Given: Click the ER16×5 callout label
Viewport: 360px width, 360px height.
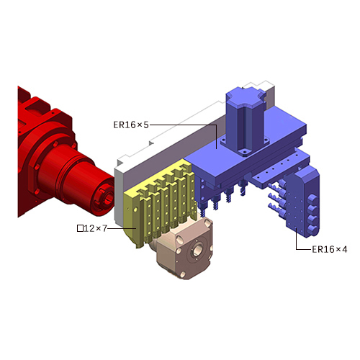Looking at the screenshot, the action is (x=131, y=125).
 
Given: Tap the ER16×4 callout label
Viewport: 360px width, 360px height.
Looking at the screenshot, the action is (x=330, y=250).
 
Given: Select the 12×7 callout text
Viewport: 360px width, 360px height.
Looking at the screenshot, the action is (x=95, y=228).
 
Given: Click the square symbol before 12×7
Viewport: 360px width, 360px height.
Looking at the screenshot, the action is (x=80, y=228).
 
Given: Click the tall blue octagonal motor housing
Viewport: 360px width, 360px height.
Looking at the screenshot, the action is (x=245, y=120).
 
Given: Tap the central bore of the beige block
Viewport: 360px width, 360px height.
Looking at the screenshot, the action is (x=197, y=250).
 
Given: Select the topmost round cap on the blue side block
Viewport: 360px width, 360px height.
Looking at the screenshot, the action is (x=312, y=199).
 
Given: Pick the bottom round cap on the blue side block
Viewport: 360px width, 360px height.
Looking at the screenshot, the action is (x=312, y=230).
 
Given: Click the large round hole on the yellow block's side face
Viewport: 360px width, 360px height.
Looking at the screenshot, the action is (x=135, y=210).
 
